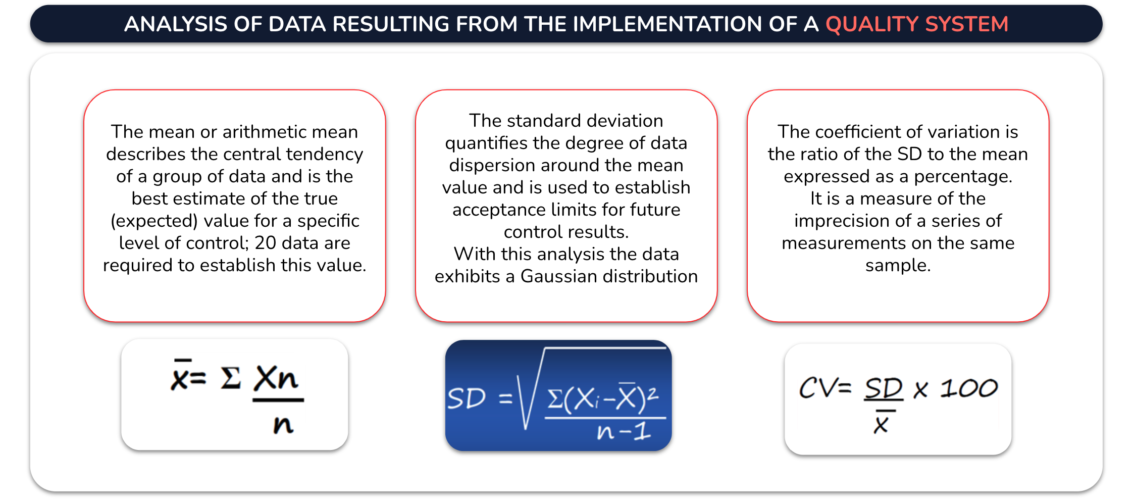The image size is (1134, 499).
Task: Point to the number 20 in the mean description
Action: coord(265,243)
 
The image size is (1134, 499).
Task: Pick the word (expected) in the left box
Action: coord(154,221)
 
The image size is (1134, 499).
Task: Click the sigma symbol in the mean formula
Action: coord(231,378)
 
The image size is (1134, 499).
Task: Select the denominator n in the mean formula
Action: coord(283,425)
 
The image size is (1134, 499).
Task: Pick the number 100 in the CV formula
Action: coord(969,388)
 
